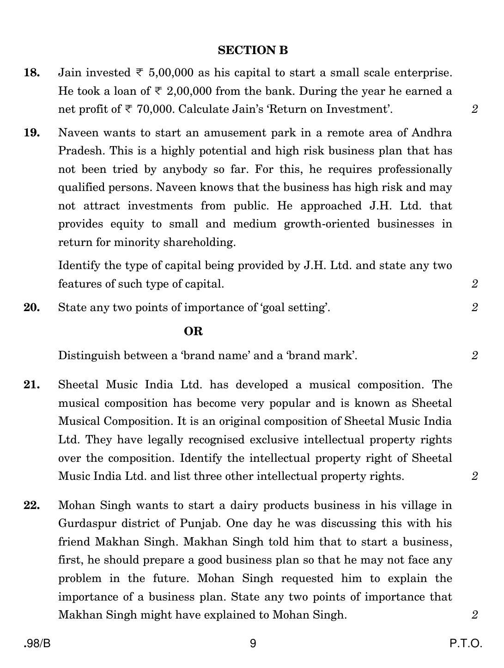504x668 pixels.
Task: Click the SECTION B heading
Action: pos(253,50)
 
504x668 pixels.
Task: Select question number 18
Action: pos(31,73)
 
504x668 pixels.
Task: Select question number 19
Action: pos(31,133)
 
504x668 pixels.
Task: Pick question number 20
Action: pos(31,307)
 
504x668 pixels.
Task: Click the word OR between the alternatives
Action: pos(193,331)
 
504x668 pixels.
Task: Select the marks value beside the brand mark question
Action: pos(474,355)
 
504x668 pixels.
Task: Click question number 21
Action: pos(31,385)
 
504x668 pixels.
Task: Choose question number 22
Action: pos(31,505)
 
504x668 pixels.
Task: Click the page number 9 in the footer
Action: pos(253,643)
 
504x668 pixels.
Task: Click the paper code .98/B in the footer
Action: pos(37,643)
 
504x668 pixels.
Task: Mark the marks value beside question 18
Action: pos(474,109)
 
